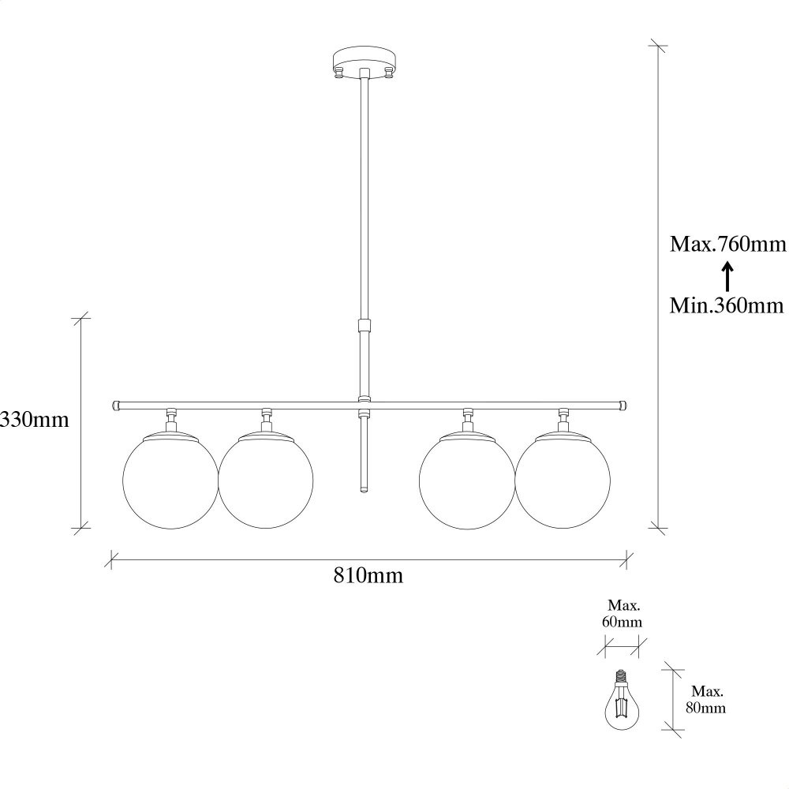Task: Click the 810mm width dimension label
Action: point(368,575)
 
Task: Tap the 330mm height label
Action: point(34,419)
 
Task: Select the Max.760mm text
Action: point(727,244)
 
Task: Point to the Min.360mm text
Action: point(727,305)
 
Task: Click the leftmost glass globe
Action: point(170,481)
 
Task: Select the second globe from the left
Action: point(266,481)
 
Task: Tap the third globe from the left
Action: point(467,481)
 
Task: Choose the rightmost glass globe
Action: point(563,481)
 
